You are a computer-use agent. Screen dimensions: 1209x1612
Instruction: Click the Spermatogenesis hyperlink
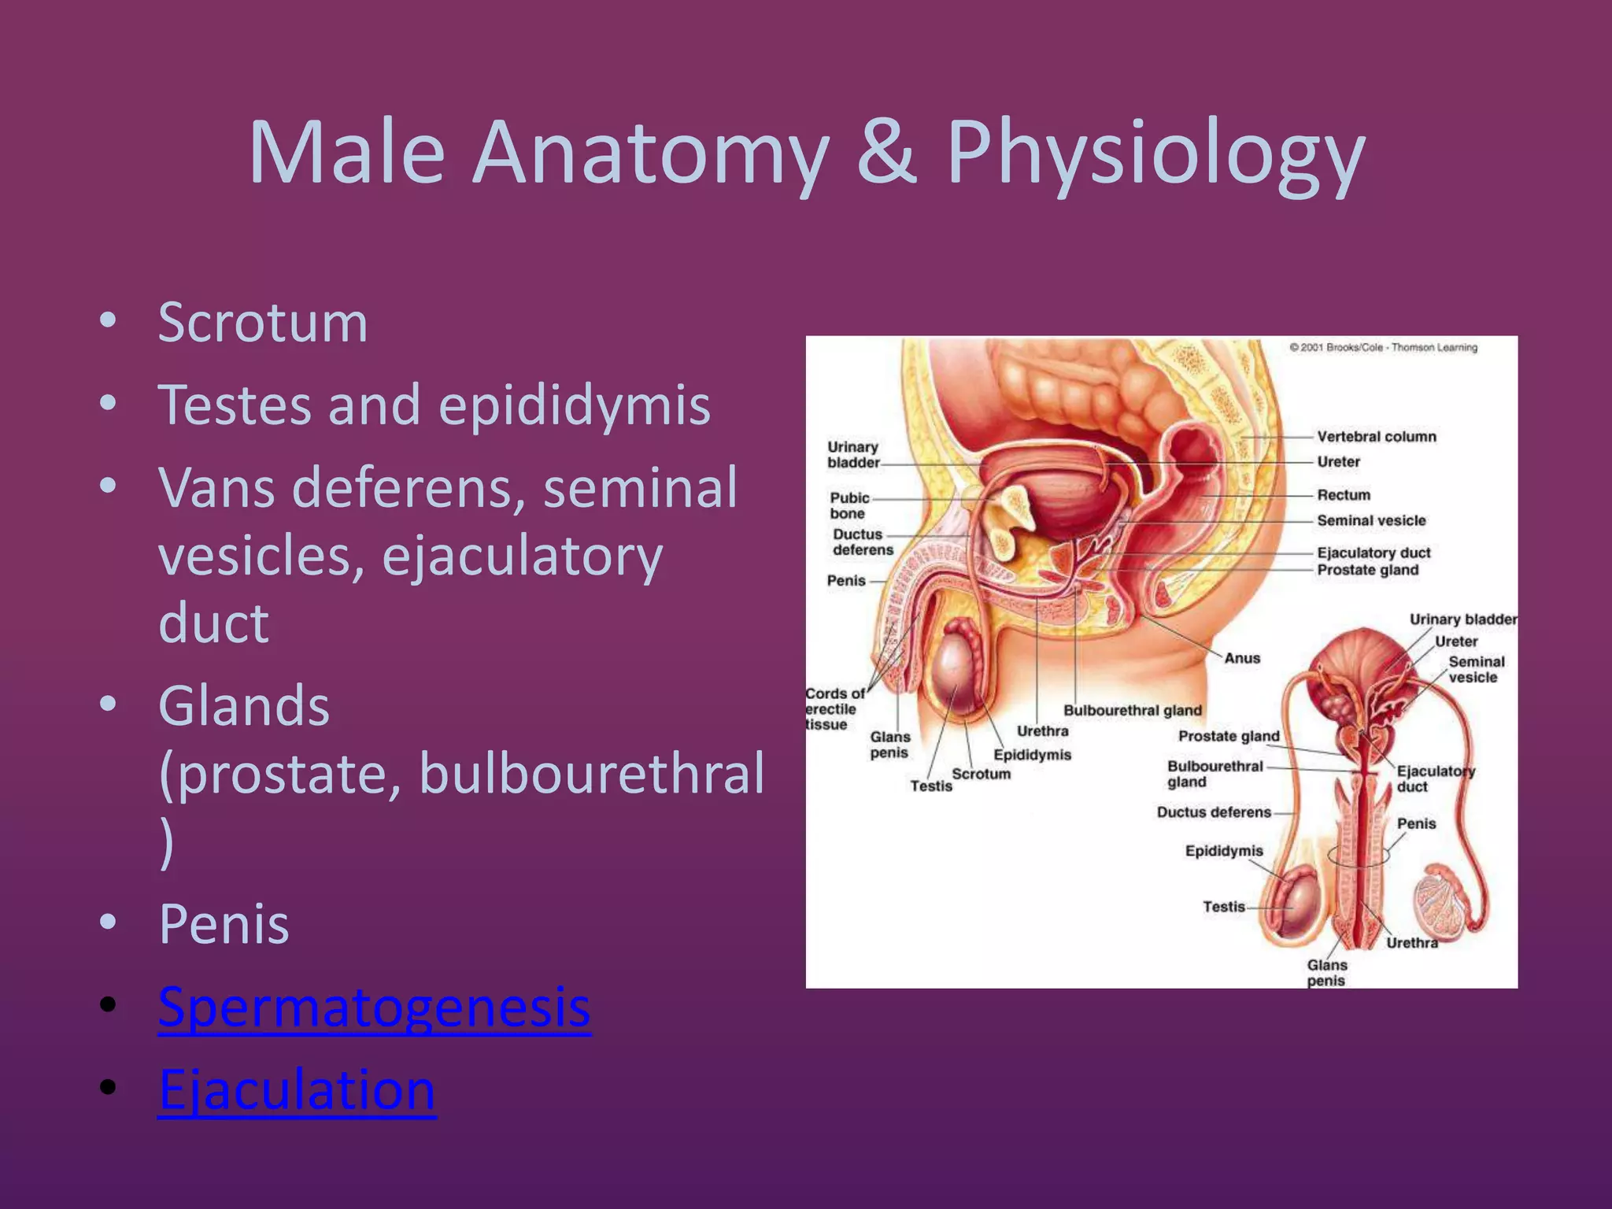(x=374, y=1007)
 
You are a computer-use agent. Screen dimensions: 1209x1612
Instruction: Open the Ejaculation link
(x=297, y=1090)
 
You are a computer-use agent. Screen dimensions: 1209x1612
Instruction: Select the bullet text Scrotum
(x=263, y=323)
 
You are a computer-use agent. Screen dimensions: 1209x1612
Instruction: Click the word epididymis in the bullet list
(x=574, y=405)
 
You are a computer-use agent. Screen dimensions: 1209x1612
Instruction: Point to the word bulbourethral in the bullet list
(x=591, y=774)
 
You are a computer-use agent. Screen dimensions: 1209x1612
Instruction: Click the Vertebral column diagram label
(x=1376, y=437)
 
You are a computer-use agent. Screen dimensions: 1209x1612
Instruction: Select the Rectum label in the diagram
(x=1344, y=495)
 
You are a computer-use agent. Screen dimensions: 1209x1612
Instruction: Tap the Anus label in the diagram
(x=1242, y=658)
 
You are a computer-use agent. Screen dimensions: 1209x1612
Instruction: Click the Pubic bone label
(x=849, y=505)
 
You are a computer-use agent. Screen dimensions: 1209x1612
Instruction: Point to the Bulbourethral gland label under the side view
(x=1132, y=711)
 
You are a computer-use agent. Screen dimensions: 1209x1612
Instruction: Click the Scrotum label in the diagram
(x=981, y=774)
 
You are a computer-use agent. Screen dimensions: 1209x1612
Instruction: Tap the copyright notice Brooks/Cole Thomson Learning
(x=1383, y=348)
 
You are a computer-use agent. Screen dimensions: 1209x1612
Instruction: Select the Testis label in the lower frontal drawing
(x=1223, y=907)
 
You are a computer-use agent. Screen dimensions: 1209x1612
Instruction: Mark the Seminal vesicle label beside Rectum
(x=1370, y=521)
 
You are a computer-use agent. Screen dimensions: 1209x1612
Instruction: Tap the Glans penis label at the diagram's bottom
(x=1326, y=973)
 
